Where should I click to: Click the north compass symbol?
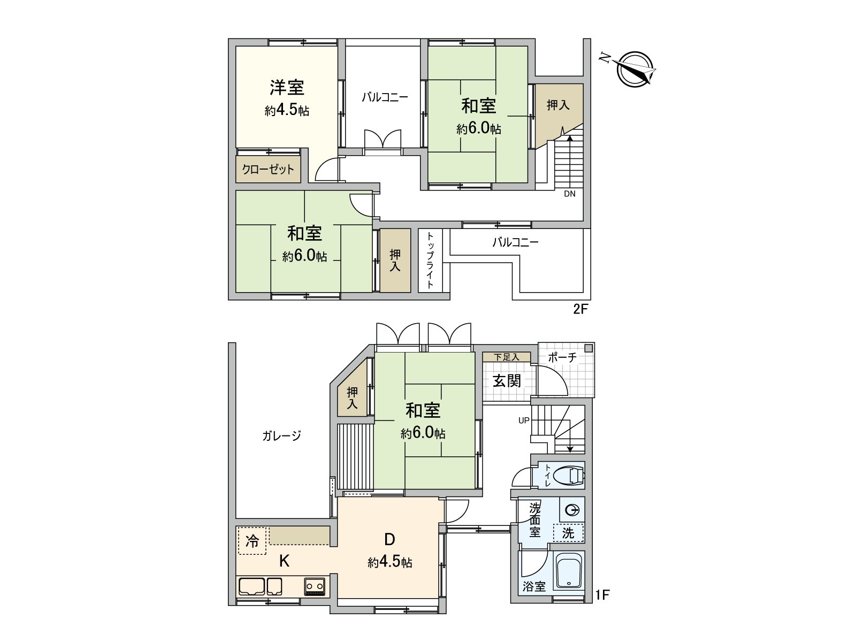click(635, 70)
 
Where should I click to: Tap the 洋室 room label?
click(287, 87)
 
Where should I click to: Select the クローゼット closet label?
click(268, 170)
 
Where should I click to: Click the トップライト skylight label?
click(430, 260)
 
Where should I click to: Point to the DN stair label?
click(569, 194)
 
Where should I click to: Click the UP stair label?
click(523, 421)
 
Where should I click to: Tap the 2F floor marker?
click(580, 310)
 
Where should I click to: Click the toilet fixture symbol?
click(569, 475)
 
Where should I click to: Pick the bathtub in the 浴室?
click(569, 571)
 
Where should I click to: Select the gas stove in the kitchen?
click(315, 586)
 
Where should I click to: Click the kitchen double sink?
click(260, 586)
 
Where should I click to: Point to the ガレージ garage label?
click(281, 435)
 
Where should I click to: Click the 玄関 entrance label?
click(507, 381)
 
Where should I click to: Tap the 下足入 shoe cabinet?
click(506, 357)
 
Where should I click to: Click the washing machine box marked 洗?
click(568, 533)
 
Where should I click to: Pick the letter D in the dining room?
click(390, 538)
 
